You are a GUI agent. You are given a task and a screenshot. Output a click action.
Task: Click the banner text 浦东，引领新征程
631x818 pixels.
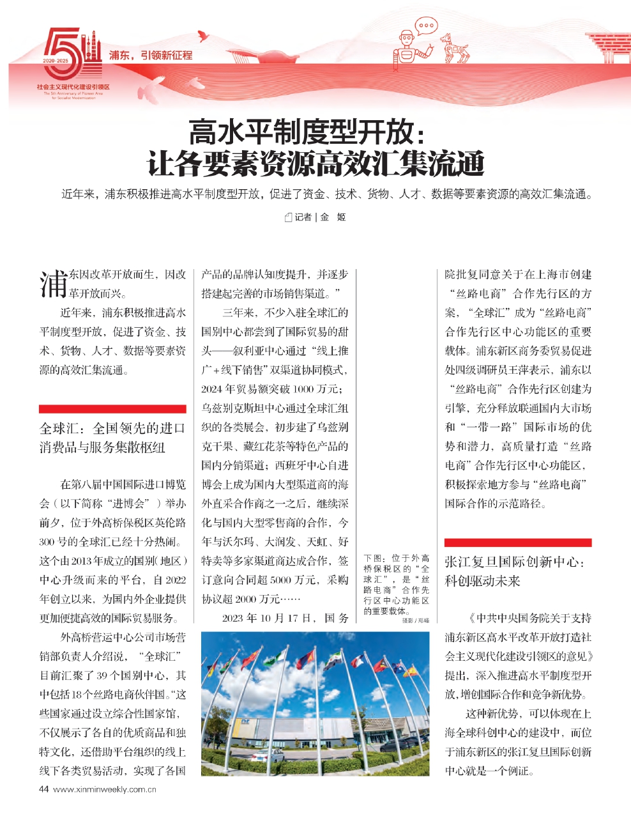(x=151, y=56)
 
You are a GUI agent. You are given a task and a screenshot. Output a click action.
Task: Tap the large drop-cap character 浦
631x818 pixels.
(x=53, y=284)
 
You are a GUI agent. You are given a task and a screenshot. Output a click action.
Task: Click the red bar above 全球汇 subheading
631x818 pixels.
(x=112, y=408)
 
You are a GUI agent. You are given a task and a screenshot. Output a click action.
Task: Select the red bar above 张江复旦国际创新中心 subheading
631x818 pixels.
(x=517, y=543)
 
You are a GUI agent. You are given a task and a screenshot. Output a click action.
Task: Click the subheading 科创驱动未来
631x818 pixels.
(x=483, y=581)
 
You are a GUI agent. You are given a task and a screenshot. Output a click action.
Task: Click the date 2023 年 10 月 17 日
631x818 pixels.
(x=268, y=618)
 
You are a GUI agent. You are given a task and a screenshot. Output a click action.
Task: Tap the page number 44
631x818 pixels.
(x=44, y=789)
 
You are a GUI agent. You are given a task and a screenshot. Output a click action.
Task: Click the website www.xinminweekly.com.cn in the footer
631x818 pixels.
(x=105, y=789)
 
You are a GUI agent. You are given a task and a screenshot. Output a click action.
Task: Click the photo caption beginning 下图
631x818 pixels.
(x=396, y=584)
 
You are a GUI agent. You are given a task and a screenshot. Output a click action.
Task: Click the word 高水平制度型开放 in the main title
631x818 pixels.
(x=300, y=133)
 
